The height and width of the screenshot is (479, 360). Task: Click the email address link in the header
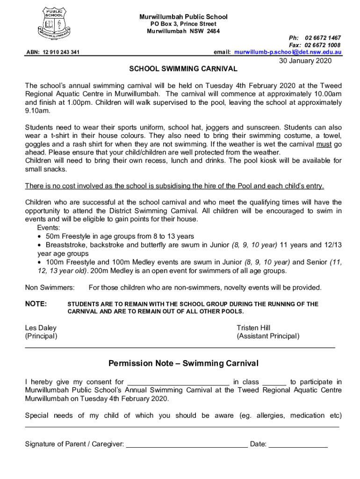(288, 52)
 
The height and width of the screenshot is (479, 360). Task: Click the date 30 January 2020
(305, 61)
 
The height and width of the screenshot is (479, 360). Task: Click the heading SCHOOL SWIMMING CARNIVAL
(183, 69)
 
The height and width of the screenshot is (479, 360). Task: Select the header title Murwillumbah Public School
(183, 17)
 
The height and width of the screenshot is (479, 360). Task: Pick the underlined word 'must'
(324, 144)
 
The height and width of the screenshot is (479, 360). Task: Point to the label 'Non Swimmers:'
(50, 287)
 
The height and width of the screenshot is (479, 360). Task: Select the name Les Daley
(40, 328)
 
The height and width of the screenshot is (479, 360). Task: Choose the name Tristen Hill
(253, 328)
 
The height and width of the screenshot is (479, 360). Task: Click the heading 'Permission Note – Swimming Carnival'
(183, 363)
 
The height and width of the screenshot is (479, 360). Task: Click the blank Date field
(298, 444)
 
